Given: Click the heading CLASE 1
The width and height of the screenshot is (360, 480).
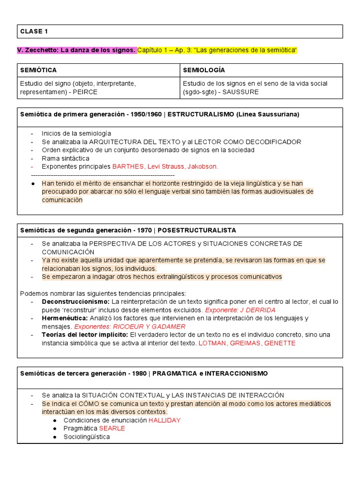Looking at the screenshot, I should [34, 31].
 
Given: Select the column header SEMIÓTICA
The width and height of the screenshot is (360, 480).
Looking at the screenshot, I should [38, 70].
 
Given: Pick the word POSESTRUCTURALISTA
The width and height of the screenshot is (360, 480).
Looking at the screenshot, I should [197, 231].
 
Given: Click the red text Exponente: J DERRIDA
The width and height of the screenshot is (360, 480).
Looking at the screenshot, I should [240, 310].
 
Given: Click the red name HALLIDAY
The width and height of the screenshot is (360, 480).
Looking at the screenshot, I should [165, 420].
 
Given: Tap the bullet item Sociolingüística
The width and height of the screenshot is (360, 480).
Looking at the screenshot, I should [87, 437].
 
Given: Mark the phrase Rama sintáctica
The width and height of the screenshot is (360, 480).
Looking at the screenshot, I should [65, 158].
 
